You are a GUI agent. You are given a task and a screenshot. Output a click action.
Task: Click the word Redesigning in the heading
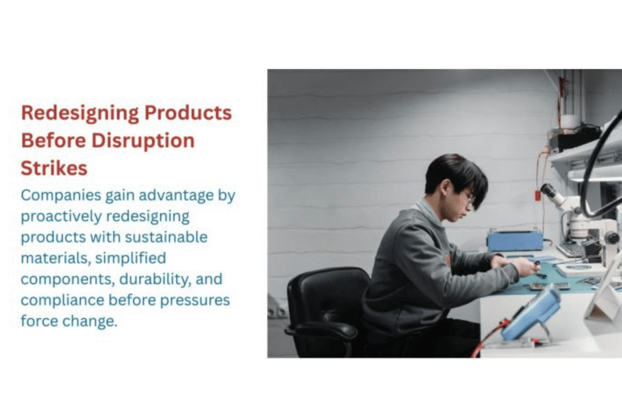click(x=80, y=114)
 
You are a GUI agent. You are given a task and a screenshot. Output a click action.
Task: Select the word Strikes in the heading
click(x=54, y=168)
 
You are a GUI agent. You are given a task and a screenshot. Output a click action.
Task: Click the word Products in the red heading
click(x=188, y=112)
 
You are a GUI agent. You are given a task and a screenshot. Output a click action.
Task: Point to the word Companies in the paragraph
click(x=61, y=196)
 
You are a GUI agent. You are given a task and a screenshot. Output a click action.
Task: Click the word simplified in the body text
click(x=131, y=259)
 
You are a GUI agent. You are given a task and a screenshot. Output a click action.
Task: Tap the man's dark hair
click(x=456, y=177)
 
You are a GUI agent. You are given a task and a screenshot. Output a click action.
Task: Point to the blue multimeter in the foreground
click(x=531, y=313)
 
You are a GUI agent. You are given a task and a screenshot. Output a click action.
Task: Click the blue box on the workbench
click(x=514, y=240)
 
